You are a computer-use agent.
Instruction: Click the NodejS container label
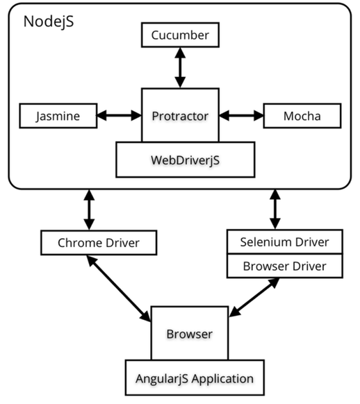49,22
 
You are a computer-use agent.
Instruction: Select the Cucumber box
179,34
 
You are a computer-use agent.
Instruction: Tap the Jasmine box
57,116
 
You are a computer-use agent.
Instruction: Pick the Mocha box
302,116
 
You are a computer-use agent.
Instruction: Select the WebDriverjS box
179,159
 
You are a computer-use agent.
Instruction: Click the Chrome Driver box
97,242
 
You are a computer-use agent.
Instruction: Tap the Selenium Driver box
285,242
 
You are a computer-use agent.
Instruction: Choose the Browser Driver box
285,265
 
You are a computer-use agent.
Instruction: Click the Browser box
189,333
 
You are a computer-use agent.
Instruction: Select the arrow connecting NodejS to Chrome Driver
89,210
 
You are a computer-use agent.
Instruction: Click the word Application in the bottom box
219,378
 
